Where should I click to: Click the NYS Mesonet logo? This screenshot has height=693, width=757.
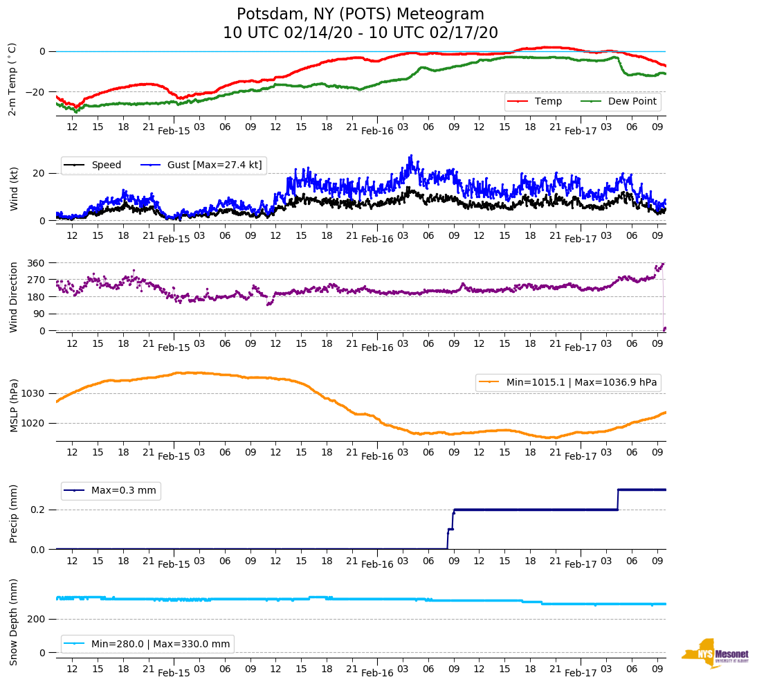point(715,654)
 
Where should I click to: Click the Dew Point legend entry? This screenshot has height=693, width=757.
point(632,102)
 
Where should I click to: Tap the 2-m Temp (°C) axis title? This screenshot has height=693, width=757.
point(12,78)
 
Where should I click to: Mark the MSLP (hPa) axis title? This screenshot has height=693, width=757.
point(15,406)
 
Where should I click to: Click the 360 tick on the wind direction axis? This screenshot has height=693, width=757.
point(37,263)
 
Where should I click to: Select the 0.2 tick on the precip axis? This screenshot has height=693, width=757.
point(38,510)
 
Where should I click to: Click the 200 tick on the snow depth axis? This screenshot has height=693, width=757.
point(37,619)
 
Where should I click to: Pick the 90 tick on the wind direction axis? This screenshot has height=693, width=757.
point(39,314)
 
